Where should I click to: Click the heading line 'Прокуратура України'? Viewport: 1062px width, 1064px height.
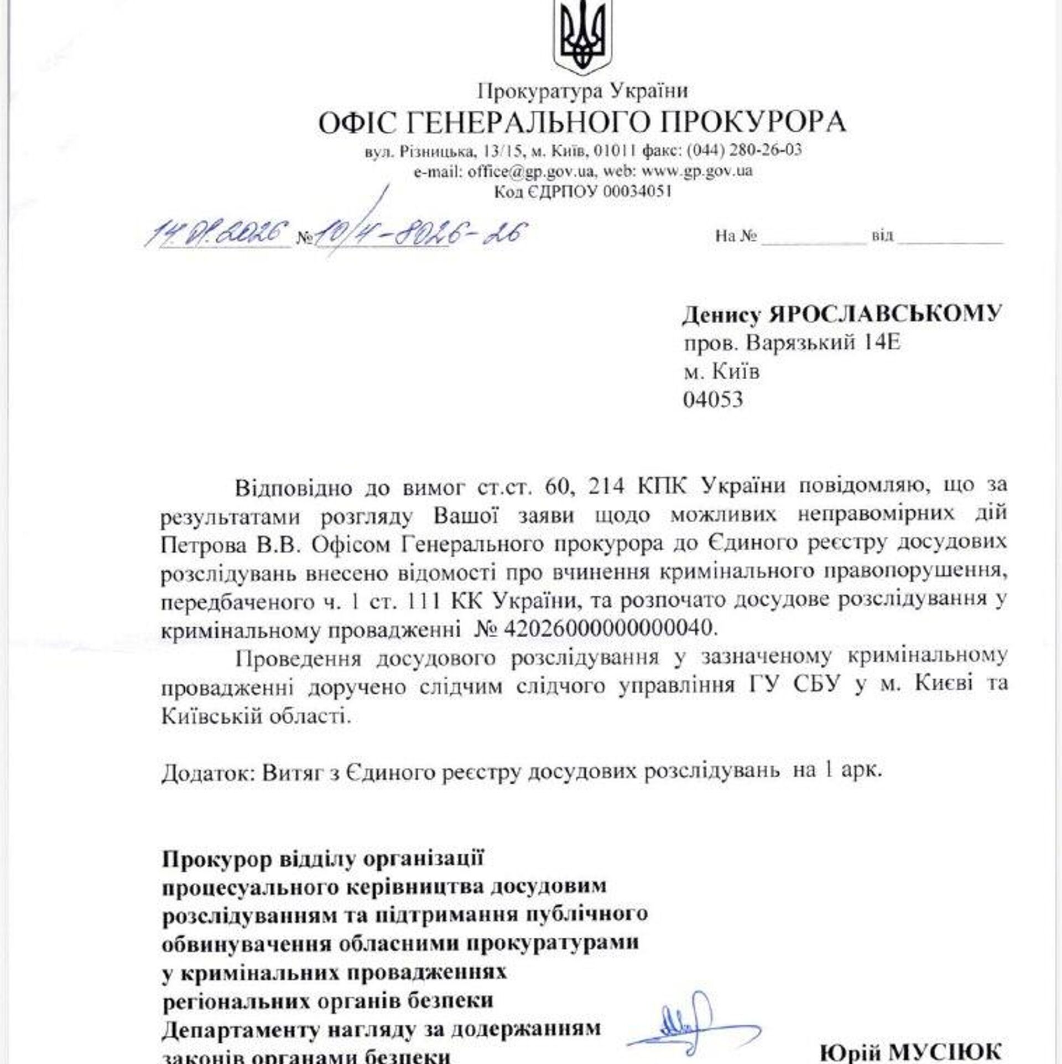(582, 90)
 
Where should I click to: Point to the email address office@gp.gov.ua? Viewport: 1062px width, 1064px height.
(531, 171)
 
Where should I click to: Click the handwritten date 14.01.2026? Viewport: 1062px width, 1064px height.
(217, 233)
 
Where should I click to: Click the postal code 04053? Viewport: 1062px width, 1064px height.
(713, 400)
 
